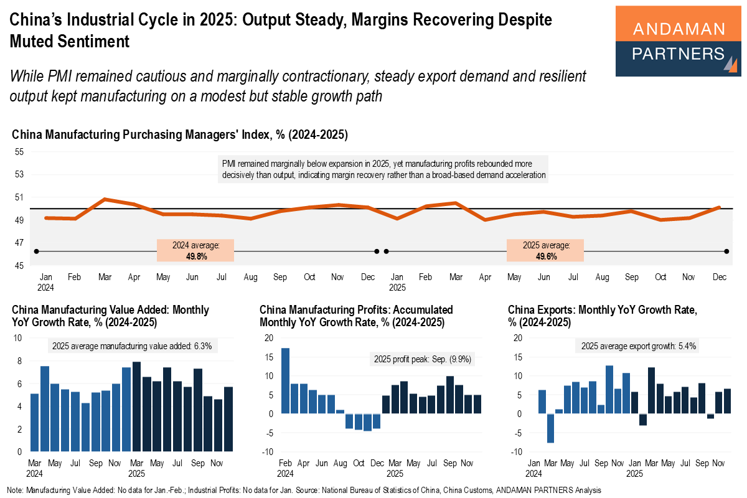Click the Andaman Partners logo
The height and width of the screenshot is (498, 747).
click(678, 41)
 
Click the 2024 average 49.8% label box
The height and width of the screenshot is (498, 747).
click(195, 250)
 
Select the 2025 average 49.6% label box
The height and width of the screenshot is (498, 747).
click(545, 250)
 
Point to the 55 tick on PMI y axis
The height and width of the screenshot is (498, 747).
click(19, 152)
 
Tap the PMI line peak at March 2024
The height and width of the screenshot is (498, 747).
click(105, 199)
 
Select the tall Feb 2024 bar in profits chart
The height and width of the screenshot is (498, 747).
click(285, 380)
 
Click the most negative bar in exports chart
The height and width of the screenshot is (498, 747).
click(550, 428)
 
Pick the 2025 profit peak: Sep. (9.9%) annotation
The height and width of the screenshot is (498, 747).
click(421, 359)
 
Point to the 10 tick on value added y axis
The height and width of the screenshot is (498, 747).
click(19, 337)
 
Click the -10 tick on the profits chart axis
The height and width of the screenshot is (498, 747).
click(268, 451)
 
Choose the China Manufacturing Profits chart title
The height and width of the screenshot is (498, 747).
click(356, 316)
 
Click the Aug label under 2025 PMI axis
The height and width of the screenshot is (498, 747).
click(603, 277)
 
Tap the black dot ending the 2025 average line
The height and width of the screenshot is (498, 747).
click(726, 251)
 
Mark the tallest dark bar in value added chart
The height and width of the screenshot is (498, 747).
click(137, 406)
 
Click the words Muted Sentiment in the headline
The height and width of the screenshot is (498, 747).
click(69, 41)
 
